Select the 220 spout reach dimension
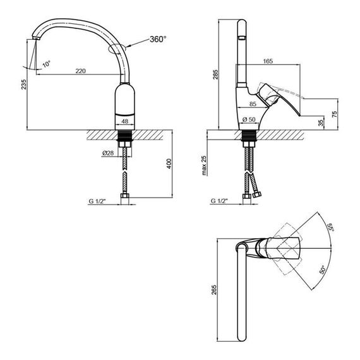(x=80, y=71)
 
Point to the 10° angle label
(x=46, y=64)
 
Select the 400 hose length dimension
(x=169, y=164)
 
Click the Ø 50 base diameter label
(x=249, y=119)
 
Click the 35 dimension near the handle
(x=321, y=122)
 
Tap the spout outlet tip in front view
(x=33, y=41)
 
